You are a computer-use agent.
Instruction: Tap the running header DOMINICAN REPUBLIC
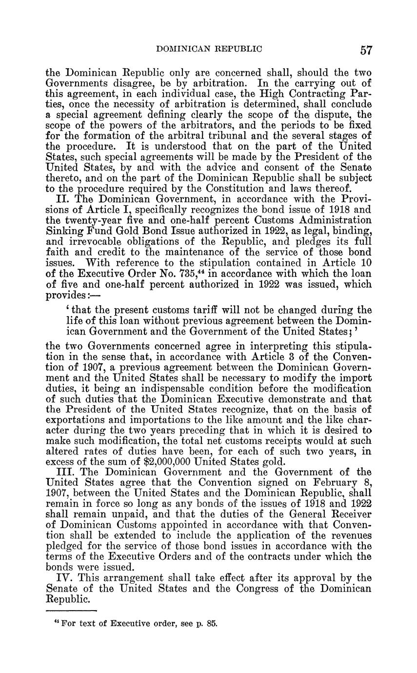click(x=209, y=49)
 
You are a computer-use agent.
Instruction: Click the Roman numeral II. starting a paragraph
click(x=61, y=199)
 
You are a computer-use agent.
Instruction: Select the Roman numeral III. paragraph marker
click(x=64, y=472)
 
